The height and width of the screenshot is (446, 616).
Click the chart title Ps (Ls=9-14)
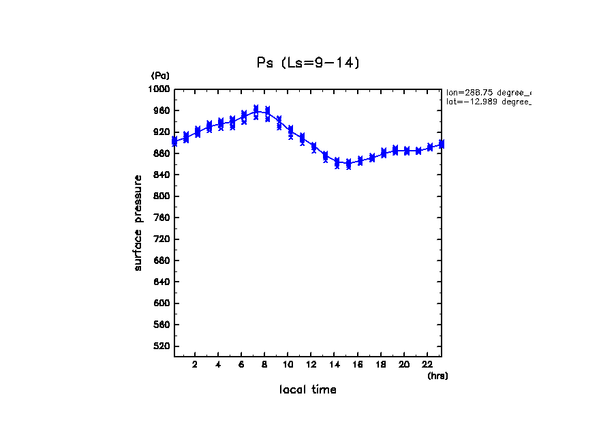click(x=307, y=63)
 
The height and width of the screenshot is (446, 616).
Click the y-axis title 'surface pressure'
click(x=138, y=222)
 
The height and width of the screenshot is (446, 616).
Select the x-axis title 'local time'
click(x=307, y=389)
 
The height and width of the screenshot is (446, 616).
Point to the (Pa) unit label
click(x=160, y=76)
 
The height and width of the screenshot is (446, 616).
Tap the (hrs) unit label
click(x=437, y=376)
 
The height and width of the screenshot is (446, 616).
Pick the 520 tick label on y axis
click(x=161, y=346)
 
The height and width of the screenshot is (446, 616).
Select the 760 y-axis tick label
click(x=161, y=218)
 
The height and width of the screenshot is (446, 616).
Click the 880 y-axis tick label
click(x=161, y=153)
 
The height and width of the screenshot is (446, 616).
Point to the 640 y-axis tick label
click(x=161, y=282)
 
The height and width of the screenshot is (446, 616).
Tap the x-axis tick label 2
click(x=195, y=365)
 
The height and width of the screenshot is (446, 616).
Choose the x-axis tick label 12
click(x=311, y=365)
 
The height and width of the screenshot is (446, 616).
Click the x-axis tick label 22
click(x=427, y=365)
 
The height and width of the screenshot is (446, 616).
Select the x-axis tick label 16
click(x=358, y=365)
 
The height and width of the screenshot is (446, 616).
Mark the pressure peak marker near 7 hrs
click(x=256, y=110)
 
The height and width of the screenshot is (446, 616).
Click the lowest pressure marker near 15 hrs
click(x=348, y=164)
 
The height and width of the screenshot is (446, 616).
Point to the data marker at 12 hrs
click(x=313, y=147)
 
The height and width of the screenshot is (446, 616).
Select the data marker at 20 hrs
click(x=407, y=151)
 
